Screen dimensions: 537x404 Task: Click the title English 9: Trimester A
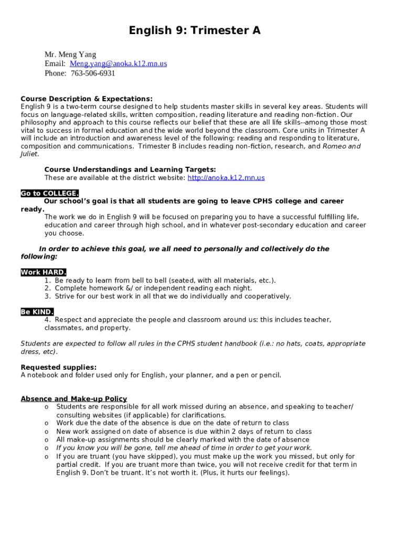coord(195,31)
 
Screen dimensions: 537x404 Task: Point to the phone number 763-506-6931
coord(93,73)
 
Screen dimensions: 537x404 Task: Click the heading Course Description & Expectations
coord(87,99)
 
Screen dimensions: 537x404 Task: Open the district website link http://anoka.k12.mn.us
coord(226,178)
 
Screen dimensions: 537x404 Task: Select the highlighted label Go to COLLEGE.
coord(50,194)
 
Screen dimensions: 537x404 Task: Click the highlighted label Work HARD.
coord(44,272)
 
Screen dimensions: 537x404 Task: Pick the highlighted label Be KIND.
coord(37,312)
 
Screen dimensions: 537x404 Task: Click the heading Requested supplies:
coord(58,367)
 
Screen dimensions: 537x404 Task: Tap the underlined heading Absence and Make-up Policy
coord(73,399)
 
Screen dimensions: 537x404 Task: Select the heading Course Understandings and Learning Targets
coord(130,169)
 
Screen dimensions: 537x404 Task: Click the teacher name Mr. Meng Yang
coord(70,55)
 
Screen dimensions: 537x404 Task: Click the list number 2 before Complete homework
coord(47,288)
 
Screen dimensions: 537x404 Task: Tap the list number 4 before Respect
coord(47,320)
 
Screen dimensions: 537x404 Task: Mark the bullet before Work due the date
coord(47,423)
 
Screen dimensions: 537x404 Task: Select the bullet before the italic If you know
coord(47,448)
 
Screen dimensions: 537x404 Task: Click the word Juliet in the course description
coord(29,154)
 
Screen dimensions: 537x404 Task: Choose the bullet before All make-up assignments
coord(47,440)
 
